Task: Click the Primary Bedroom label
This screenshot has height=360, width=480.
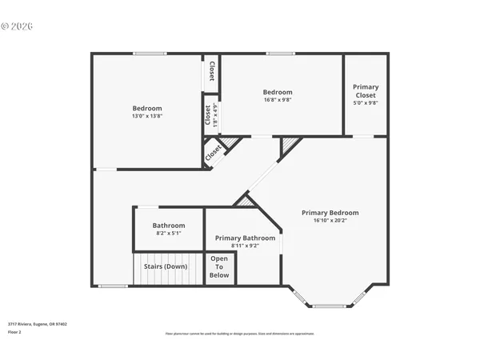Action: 330,213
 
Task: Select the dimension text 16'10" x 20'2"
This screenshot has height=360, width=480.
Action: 330,222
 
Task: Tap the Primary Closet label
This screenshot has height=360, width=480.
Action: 366,90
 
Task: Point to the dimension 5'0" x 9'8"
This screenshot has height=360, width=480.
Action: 366,103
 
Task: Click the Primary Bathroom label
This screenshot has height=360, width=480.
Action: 245,238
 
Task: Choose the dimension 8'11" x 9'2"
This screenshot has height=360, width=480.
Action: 245,246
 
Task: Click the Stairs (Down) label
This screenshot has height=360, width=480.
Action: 166,266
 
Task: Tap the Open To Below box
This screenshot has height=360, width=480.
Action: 219,267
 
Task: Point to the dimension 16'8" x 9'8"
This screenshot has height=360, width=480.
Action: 278,100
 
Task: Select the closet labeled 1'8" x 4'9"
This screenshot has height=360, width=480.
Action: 211,116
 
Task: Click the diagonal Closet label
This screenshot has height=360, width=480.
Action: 213,151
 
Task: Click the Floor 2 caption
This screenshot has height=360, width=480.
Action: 15,332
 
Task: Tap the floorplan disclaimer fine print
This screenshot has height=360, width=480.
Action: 239,333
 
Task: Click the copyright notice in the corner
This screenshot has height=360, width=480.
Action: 17,26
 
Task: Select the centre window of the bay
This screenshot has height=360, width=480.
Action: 329,306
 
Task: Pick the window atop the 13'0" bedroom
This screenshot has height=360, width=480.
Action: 150,54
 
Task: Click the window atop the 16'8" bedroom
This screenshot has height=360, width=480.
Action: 281,54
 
